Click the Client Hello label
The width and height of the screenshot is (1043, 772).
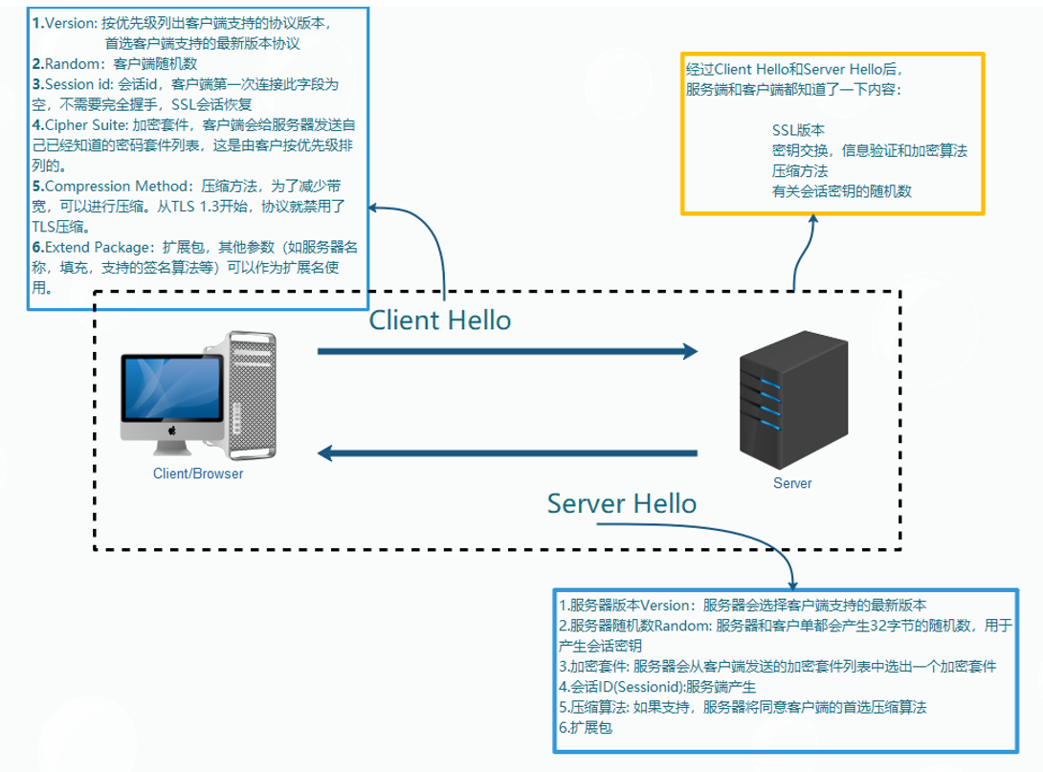pos(440,320)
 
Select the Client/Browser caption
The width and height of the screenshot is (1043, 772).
pos(198,474)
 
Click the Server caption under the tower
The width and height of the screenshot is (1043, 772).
pos(791,483)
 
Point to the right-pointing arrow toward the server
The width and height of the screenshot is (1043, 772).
pos(507,351)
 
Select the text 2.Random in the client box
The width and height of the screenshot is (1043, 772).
pos(67,64)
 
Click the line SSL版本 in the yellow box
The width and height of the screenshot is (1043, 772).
pos(799,130)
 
